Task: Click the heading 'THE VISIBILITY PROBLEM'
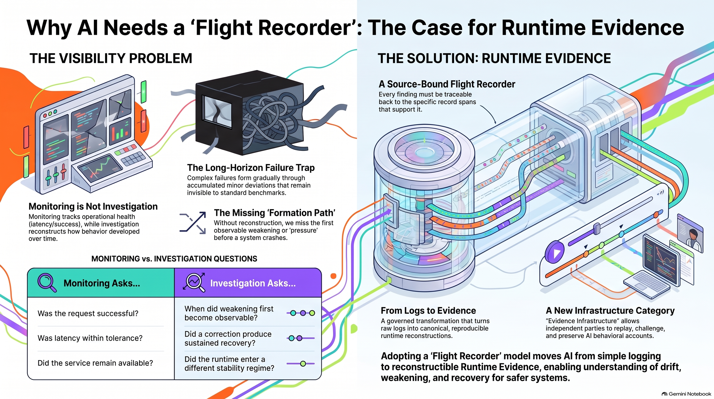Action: (111, 58)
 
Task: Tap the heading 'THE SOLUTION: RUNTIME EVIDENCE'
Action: (494, 58)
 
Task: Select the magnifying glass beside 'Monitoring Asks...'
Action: (47, 283)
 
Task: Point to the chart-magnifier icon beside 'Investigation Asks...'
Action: (194, 282)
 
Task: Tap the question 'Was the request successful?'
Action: (88, 313)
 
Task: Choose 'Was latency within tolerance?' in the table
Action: (90, 338)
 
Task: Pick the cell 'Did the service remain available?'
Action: (95, 363)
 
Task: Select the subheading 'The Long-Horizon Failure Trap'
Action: (251, 168)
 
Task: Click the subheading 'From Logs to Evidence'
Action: (428, 311)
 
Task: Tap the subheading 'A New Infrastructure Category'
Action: (610, 311)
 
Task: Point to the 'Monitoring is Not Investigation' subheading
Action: (93, 206)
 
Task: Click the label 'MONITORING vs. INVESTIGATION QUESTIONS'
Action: (174, 259)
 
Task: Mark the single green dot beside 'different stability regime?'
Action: (303, 364)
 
